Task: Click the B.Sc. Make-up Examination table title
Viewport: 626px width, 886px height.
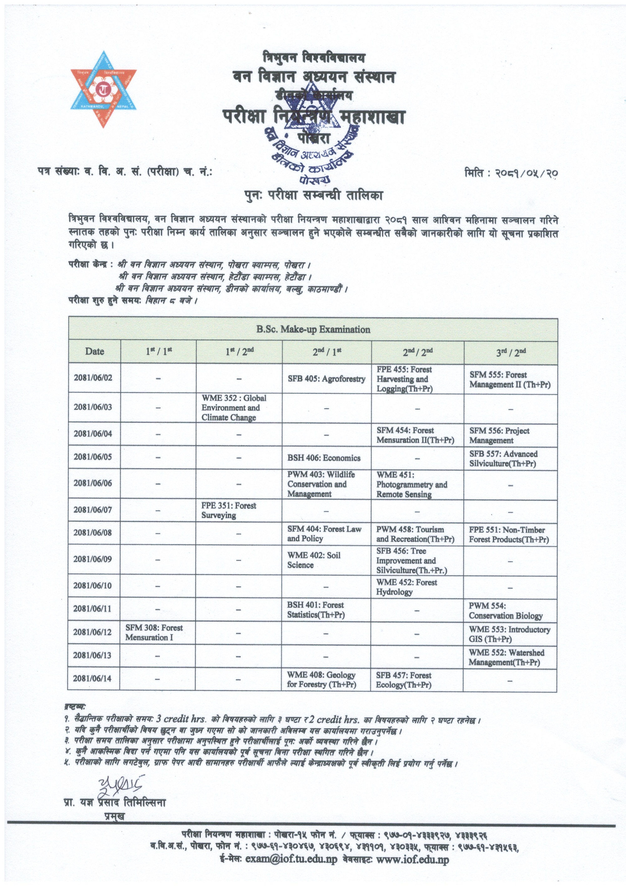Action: coord(313,329)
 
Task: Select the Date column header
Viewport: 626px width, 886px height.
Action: coord(95,351)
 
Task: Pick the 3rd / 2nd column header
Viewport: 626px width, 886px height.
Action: coord(511,351)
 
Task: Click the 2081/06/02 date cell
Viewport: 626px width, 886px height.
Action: coord(93,378)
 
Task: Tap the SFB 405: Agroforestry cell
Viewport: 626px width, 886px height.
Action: coord(326,379)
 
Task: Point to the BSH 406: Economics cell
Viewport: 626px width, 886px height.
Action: coord(324,458)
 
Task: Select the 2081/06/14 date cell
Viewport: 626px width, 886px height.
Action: coord(93,678)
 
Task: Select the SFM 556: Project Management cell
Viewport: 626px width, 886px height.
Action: coord(499,435)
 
